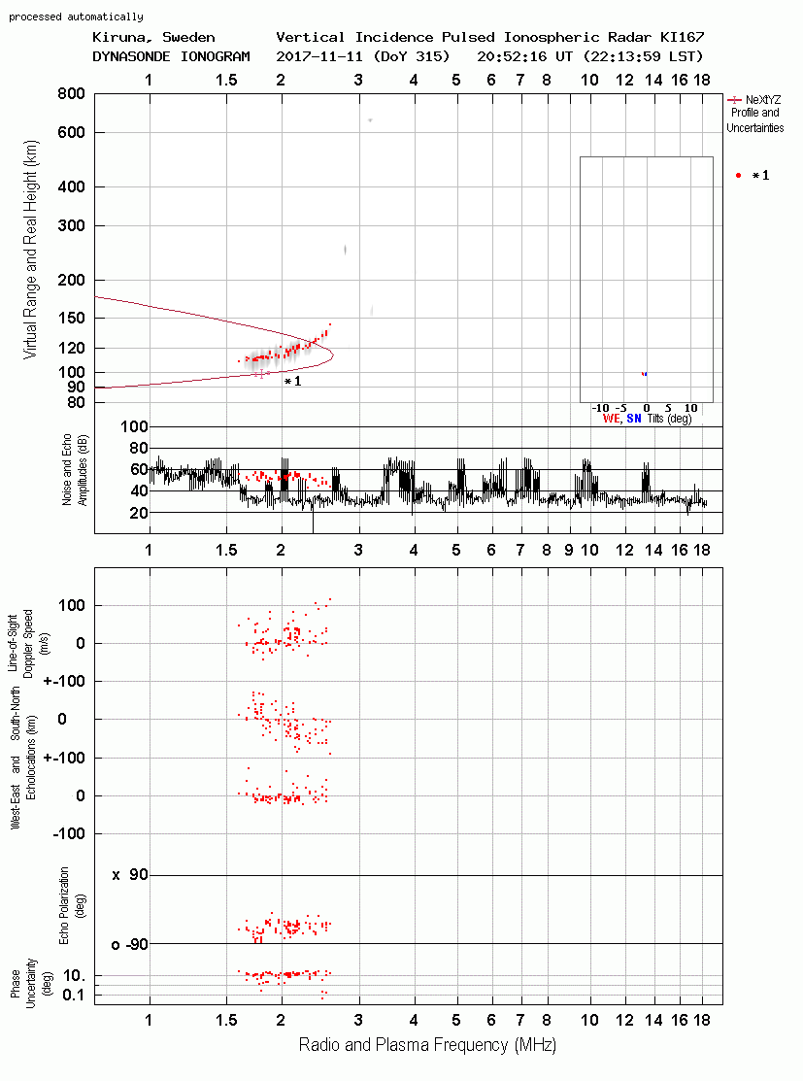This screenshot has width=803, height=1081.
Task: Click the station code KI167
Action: tap(682, 37)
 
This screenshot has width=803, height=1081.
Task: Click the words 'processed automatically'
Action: tap(76, 17)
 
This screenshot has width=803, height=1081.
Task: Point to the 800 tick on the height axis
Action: tap(71, 94)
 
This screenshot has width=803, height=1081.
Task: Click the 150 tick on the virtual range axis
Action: tap(71, 318)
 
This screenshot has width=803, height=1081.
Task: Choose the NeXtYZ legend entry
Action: tap(755, 114)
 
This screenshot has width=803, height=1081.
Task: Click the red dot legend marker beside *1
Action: tap(738, 176)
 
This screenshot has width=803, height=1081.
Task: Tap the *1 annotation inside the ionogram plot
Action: tap(293, 382)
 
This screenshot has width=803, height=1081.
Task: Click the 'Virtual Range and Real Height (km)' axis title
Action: tap(30, 250)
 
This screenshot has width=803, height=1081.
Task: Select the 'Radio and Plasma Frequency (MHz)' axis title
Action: tap(427, 1045)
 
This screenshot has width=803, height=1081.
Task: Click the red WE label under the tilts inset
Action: tap(611, 419)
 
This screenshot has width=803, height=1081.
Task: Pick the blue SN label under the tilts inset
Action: tap(634, 419)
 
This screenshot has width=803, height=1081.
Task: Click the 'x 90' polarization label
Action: tap(130, 875)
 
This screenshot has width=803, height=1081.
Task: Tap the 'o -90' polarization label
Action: tap(130, 944)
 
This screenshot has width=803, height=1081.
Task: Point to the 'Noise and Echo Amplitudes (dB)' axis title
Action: tap(75, 469)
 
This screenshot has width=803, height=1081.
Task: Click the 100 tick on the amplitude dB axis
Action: tap(134, 426)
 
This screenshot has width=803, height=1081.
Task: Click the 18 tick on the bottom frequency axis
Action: tap(702, 1021)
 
